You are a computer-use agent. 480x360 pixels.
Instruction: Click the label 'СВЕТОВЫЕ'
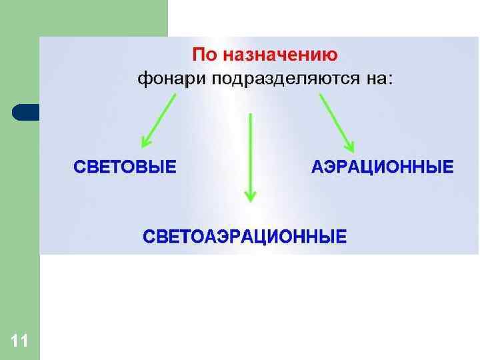coord(125,166)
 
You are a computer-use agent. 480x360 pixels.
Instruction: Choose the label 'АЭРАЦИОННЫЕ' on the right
coord(382,166)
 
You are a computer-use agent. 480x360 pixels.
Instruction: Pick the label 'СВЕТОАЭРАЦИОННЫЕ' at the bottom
coord(245,236)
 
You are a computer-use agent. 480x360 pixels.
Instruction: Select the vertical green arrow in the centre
coord(250,157)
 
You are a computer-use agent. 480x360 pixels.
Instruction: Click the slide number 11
coord(19,342)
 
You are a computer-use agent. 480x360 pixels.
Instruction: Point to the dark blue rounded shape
coord(25,112)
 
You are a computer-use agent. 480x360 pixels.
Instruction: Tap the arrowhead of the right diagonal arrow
coord(349,147)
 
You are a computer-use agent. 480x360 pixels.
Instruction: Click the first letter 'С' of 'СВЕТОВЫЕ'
coord(78,166)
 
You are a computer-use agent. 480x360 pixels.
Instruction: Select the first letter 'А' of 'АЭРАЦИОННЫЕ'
coord(317,166)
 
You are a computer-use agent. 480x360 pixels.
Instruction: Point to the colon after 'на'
coord(390,80)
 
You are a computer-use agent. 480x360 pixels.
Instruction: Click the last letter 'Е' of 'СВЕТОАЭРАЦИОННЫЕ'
coord(341,236)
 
